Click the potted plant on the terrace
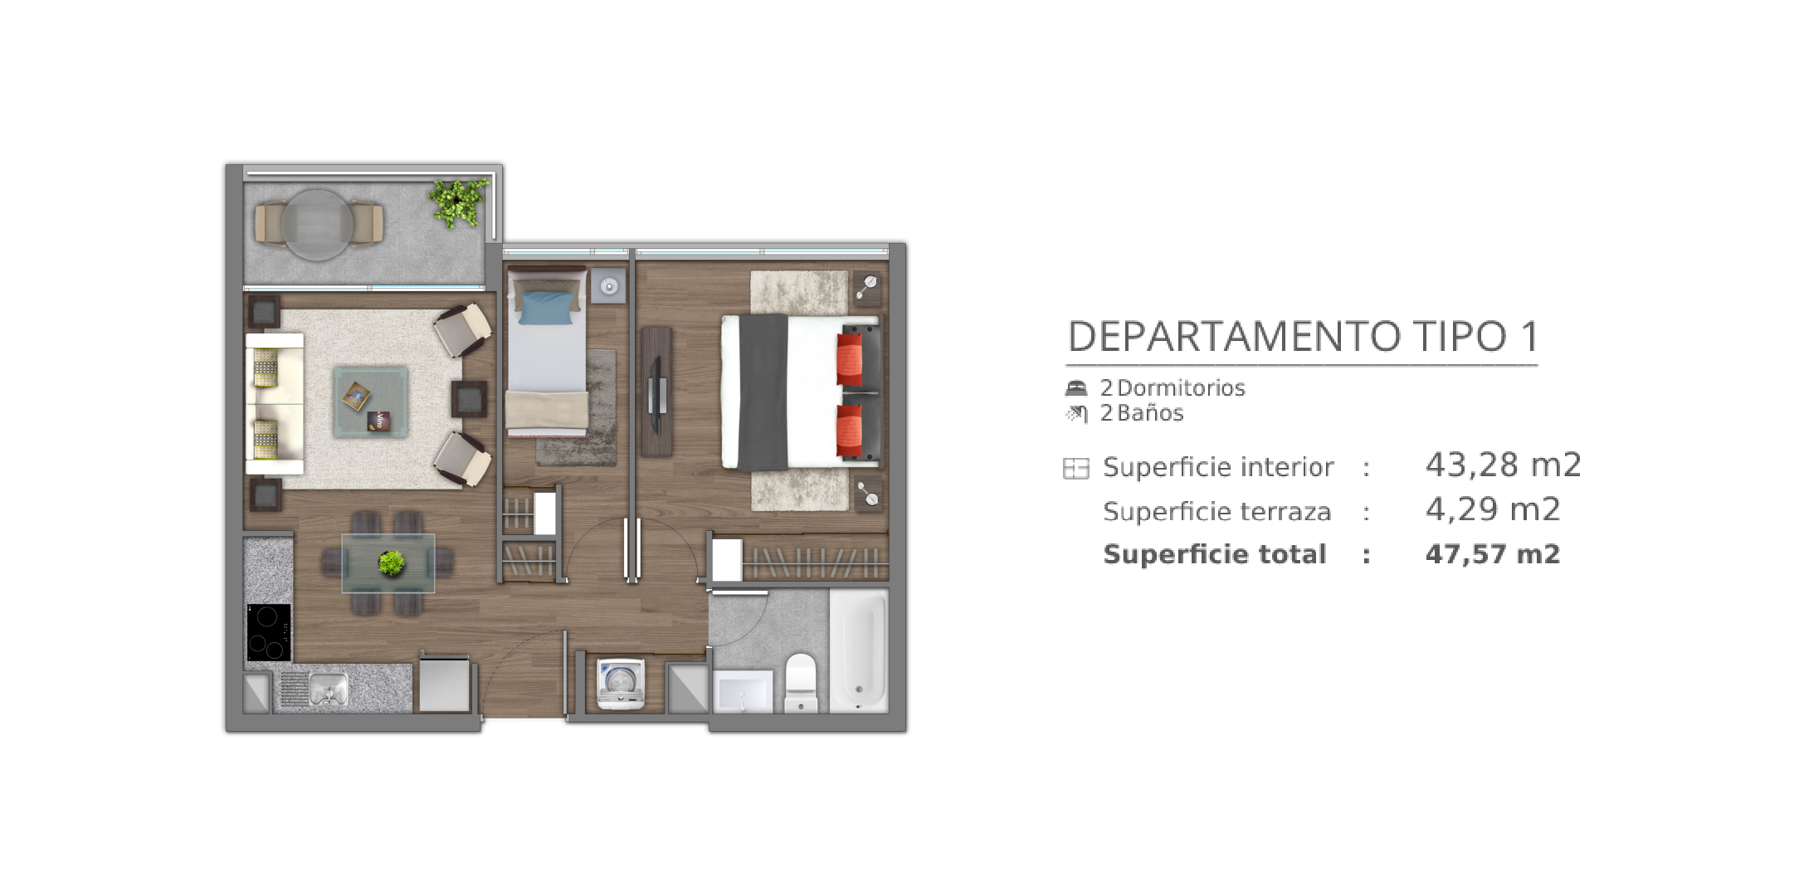coord(456,202)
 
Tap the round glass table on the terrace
coord(318,225)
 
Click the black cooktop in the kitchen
coord(269,632)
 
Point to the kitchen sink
coord(328,689)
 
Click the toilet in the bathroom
coord(802,682)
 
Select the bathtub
coord(859,650)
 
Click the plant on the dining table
coord(392,563)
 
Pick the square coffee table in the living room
coord(371,402)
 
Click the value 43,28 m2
coord(1503,465)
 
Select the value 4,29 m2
coord(1493,509)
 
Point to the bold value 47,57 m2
coord(1493,554)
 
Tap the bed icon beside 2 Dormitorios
coord(1076,387)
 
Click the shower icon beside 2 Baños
coord(1076,413)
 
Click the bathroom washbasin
coord(743,692)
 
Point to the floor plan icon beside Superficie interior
coord(1076,469)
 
